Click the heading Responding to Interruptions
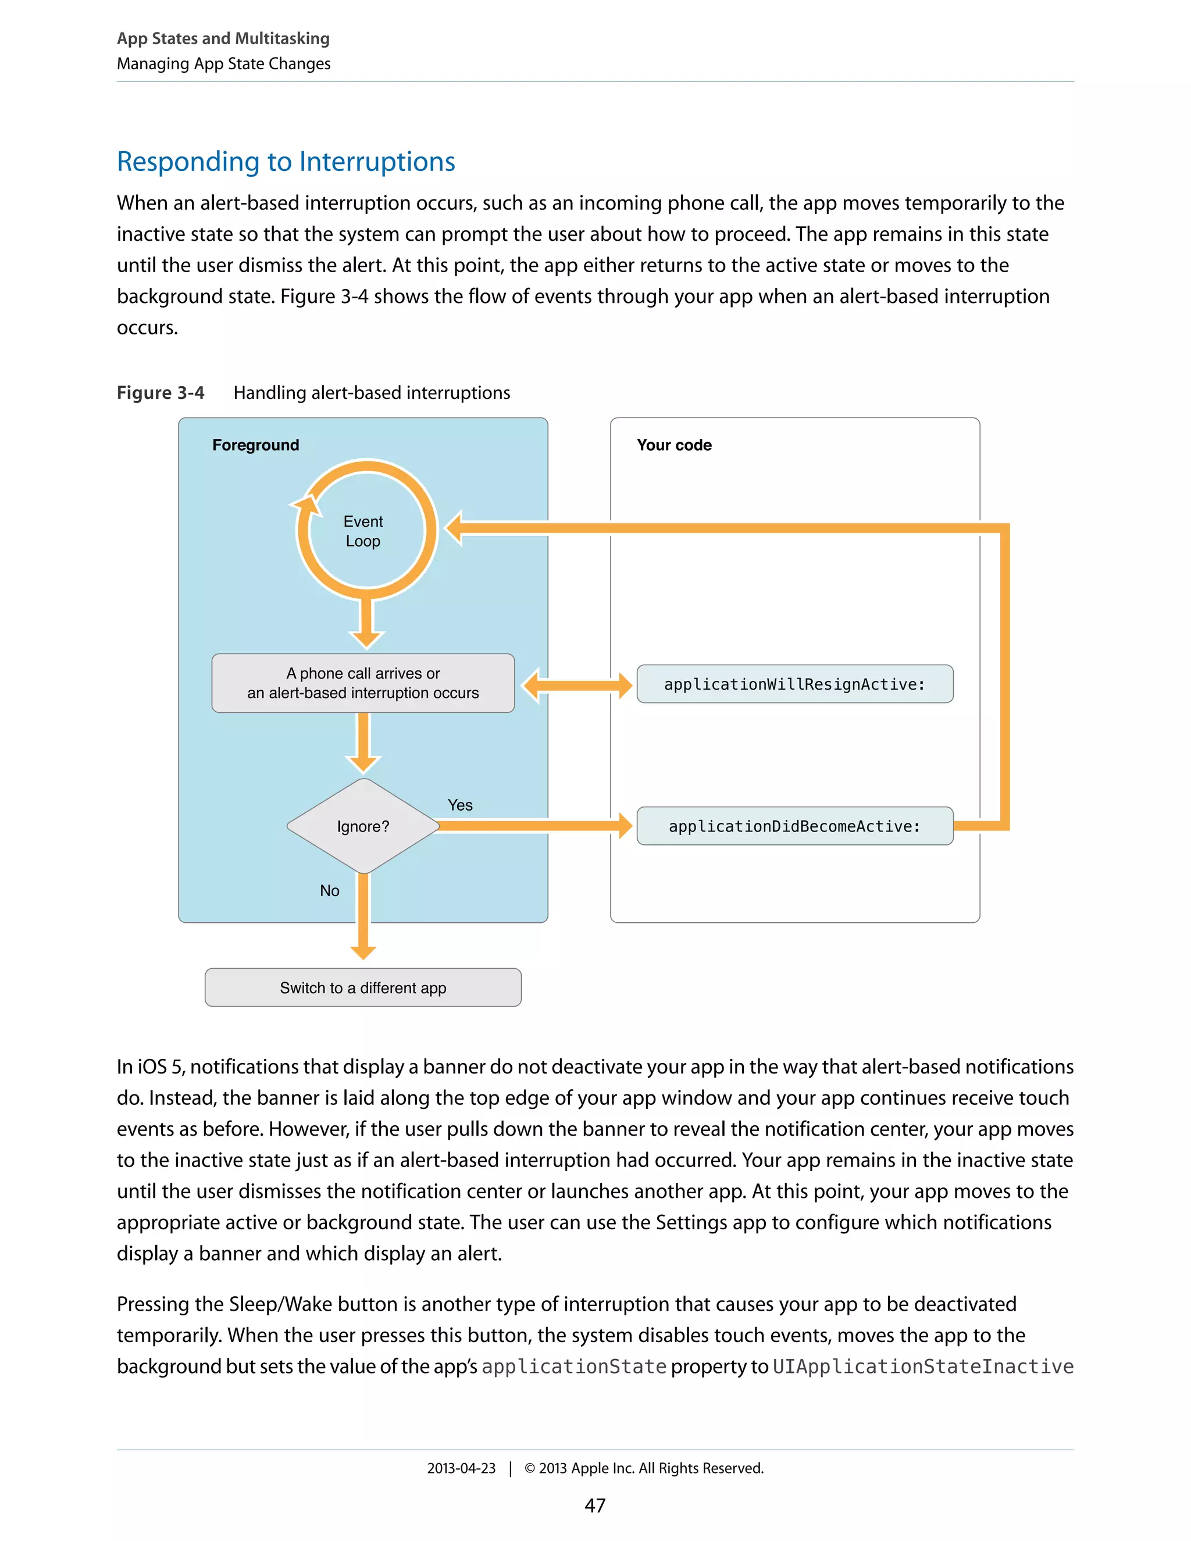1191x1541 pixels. pyautogui.click(x=286, y=162)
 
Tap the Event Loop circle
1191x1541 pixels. pyautogui.click(x=363, y=530)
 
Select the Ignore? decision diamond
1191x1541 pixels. pyautogui.click(x=363, y=826)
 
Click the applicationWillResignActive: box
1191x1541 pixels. pyautogui.click(x=794, y=684)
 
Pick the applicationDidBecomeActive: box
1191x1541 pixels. pyautogui.click(x=794, y=826)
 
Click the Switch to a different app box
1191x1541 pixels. pyautogui.click(x=363, y=987)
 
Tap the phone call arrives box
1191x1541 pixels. pyautogui.click(x=363, y=683)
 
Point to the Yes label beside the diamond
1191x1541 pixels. pyautogui.click(x=460, y=805)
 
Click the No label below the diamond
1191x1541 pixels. pyautogui.click(x=330, y=890)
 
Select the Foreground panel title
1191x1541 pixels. pyautogui.click(x=255, y=445)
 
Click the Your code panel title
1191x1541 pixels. pyautogui.click(x=674, y=445)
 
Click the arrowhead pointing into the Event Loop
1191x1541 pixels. pyautogui.click(x=454, y=528)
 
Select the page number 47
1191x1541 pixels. pyautogui.click(x=595, y=1505)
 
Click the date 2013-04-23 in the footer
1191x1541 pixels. pyautogui.click(x=461, y=1468)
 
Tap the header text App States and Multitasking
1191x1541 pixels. pyautogui.click(x=223, y=38)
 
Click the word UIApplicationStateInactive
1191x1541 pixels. pyautogui.click(x=923, y=1367)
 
